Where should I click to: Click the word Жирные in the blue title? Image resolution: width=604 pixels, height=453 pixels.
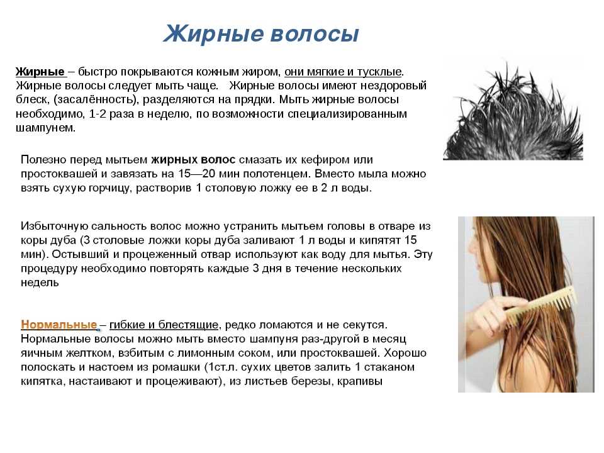coord(213,33)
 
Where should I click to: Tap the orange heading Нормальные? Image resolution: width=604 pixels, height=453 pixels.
coord(59,325)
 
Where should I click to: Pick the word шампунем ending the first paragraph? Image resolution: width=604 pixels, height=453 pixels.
coord(45,128)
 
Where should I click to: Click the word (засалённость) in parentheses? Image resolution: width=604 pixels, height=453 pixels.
coord(96,100)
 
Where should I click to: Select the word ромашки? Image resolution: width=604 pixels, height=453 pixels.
coord(176,367)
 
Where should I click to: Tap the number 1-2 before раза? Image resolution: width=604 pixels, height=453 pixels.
coord(97,114)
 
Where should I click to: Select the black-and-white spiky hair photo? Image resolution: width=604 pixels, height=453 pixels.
coord(513,109)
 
